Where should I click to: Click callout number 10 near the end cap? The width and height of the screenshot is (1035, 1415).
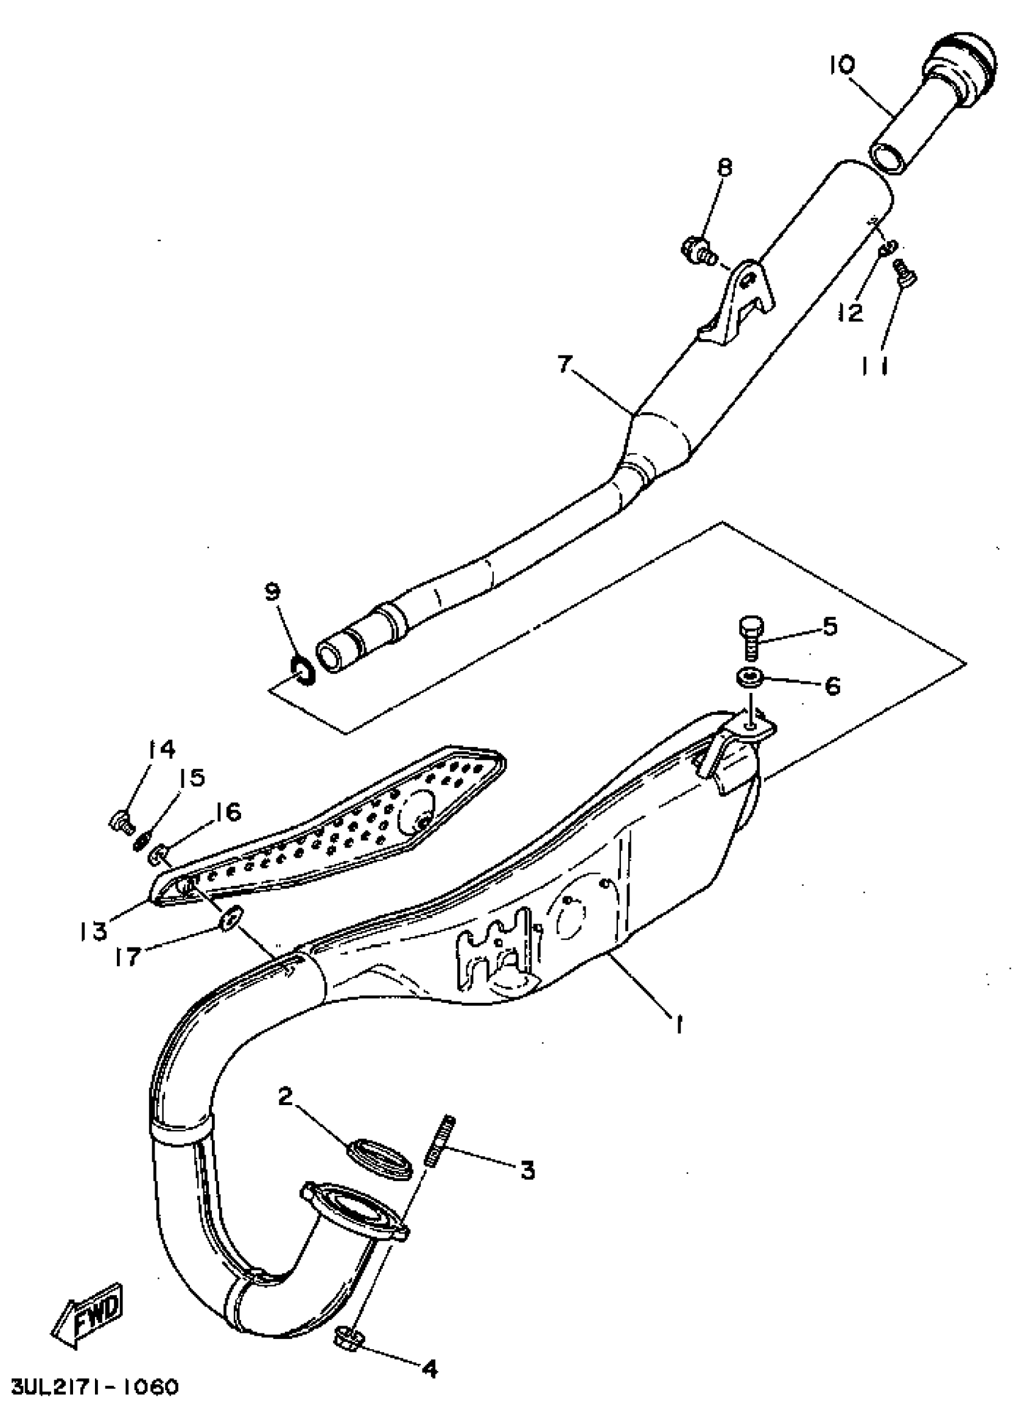[843, 64]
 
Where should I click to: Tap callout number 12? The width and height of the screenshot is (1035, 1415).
[851, 311]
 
